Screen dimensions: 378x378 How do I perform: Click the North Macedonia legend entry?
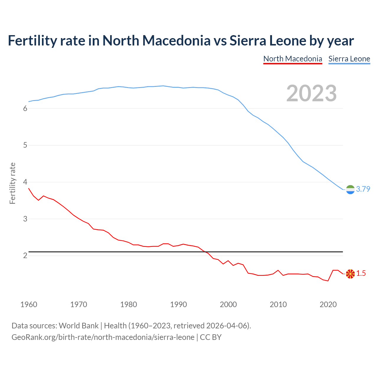tap(292, 59)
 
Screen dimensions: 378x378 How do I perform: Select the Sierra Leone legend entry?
tap(349, 59)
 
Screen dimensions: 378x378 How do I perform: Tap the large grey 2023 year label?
tap(312, 93)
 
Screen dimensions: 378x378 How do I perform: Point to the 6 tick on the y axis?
tap(25, 109)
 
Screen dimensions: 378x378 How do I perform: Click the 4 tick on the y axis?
tap(25, 182)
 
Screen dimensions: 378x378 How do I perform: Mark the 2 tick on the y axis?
tap(25, 256)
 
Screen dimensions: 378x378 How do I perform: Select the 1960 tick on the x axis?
tap(29, 304)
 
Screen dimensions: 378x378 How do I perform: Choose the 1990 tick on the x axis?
tap(178, 304)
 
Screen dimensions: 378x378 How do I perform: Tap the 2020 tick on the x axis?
tap(328, 304)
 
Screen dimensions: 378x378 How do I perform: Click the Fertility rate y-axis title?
tap(12, 183)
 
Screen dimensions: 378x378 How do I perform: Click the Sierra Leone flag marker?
tap(350, 190)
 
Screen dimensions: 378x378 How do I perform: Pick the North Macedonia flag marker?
tap(350, 274)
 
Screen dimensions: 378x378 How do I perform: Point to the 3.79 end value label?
tap(363, 189)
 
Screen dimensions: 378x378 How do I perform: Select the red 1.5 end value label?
tap(361, 273)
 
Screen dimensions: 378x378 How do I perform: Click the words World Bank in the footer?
tap(79, 326)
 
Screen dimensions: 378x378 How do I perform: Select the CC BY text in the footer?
tap(211, 337)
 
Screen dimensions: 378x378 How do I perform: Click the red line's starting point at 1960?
tap(29, 188)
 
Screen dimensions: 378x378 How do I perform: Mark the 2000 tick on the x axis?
tap(228, 304)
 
